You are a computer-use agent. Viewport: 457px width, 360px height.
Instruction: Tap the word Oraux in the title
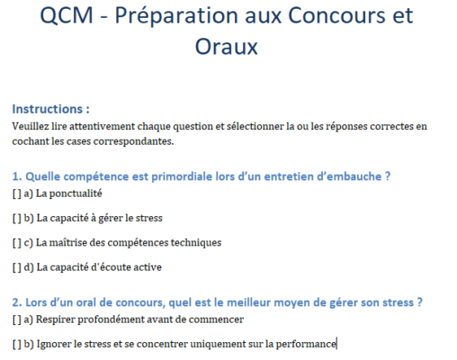[x=227, y=48]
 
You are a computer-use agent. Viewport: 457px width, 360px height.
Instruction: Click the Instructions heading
[x=50, y=108]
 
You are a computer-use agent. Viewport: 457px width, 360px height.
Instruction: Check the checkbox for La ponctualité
[x=17, y=193]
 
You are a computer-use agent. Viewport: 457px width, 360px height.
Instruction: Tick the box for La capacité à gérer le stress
[x=17, y=218]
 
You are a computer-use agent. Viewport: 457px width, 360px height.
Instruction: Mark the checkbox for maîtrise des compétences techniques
[x=17, y=242]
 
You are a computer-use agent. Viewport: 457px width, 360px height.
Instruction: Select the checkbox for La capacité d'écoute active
[x=17, y=267]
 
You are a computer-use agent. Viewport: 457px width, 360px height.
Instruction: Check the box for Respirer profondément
[x=17, y=319]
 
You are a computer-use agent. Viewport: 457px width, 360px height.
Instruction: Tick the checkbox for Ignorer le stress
[x=17, y=344]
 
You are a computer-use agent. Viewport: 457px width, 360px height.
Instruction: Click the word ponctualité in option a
[x=78, y=193]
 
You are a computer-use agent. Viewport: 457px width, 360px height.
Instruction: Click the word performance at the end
[x=307, y=344]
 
